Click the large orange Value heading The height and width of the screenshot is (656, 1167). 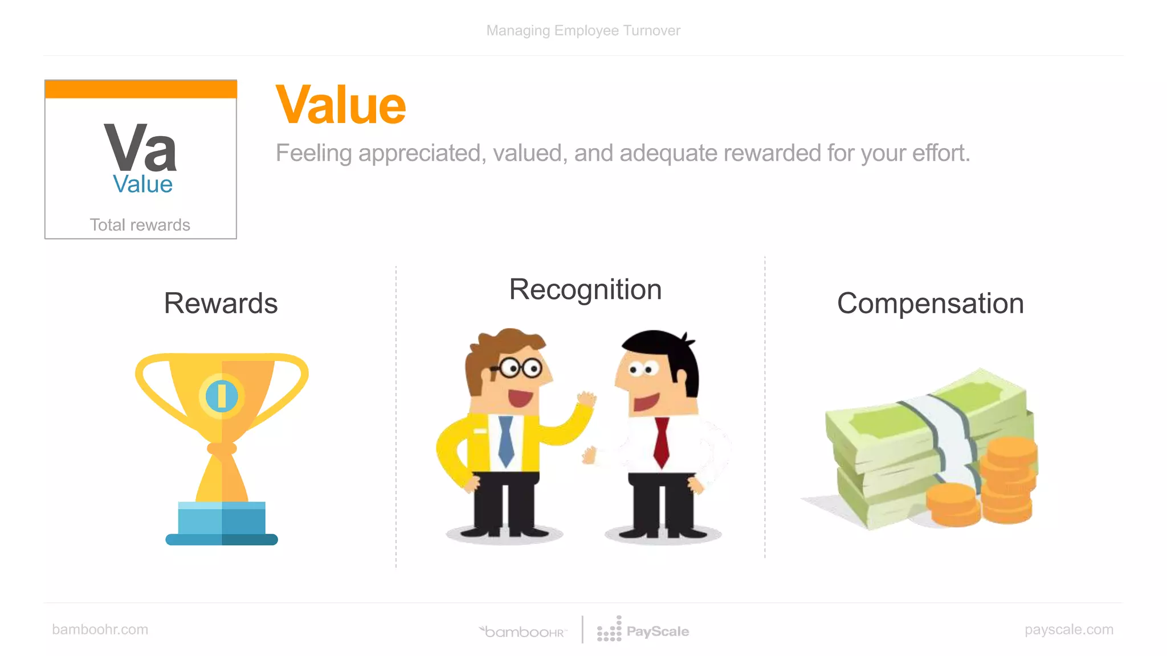[341, 105]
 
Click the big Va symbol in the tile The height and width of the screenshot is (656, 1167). [140, 147]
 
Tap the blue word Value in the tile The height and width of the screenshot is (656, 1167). [142, 184]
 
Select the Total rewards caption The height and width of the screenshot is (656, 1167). [140, 225]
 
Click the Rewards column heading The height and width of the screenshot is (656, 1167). [221, 303]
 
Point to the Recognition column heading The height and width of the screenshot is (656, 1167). [585, 289]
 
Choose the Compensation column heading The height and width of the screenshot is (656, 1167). [930, 304]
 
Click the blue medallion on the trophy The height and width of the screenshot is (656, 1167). [222, 396]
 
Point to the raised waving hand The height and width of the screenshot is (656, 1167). [586, 399]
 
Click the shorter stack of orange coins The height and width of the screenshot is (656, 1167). [952, 504]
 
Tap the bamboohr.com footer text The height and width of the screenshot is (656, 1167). [100, 629]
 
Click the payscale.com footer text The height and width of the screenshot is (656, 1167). [1068, 629]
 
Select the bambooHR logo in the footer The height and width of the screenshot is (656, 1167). [523, 632]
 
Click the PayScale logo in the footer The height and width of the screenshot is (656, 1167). [643, 630]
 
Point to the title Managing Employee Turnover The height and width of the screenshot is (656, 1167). [583, 30]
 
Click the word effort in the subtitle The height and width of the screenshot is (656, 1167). [941, 153]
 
